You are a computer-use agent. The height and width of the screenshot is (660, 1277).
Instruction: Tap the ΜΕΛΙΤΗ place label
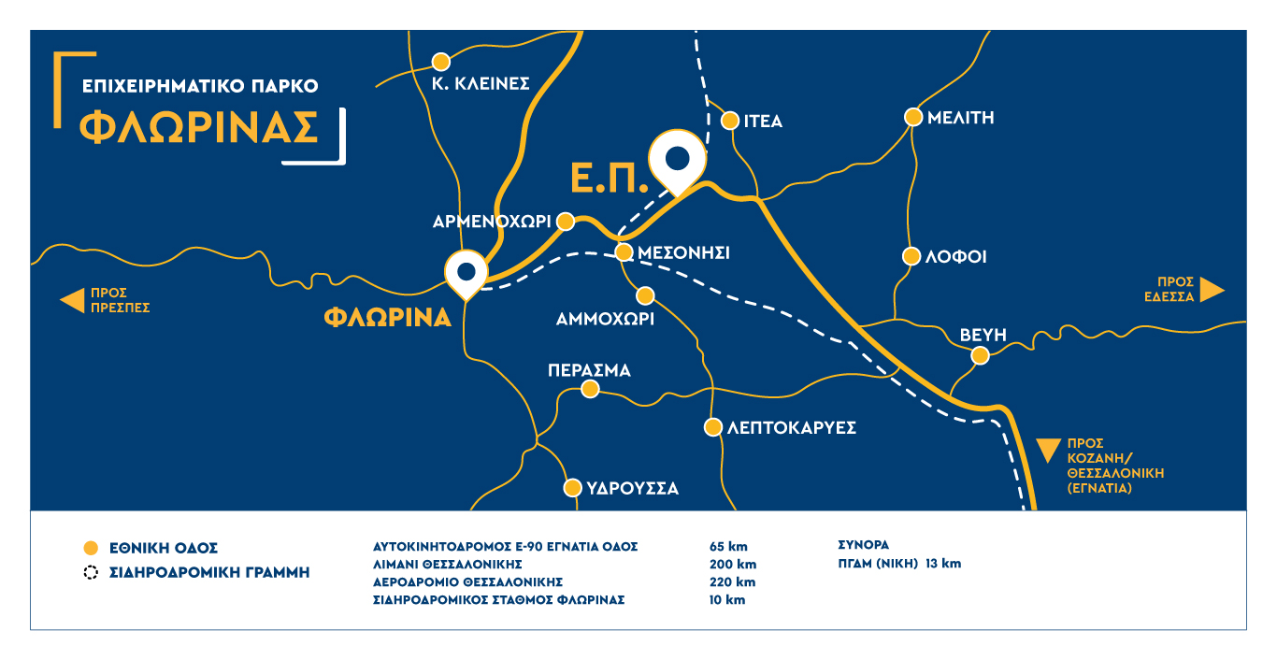coord(960,118)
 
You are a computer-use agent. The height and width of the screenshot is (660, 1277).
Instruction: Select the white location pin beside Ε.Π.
coord(678,159)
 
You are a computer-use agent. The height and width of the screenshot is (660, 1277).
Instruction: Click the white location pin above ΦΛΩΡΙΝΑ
coord(466,272)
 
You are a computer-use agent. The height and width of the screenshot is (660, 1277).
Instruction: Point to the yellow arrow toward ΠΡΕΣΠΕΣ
coord(72,300)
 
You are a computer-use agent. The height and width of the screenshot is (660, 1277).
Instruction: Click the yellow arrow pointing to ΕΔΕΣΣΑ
coord(1212,289)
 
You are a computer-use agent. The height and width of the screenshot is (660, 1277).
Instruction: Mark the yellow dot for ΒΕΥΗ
coord(980,355)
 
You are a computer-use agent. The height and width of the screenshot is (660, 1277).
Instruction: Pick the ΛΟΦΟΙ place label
coord(956,257)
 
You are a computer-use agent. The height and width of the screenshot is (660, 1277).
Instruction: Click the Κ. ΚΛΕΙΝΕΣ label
coord(481,83)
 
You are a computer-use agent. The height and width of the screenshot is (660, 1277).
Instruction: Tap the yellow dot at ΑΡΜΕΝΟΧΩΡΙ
coord(565,222)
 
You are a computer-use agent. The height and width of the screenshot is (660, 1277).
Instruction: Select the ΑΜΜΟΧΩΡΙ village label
coord(605,319)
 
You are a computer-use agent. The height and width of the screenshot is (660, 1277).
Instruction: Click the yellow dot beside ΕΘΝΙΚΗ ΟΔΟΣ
coord(91,548)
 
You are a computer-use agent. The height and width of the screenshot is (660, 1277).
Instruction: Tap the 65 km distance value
coord(728,547)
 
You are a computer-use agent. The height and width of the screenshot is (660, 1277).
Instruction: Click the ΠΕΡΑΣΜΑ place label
coord(589,370)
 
